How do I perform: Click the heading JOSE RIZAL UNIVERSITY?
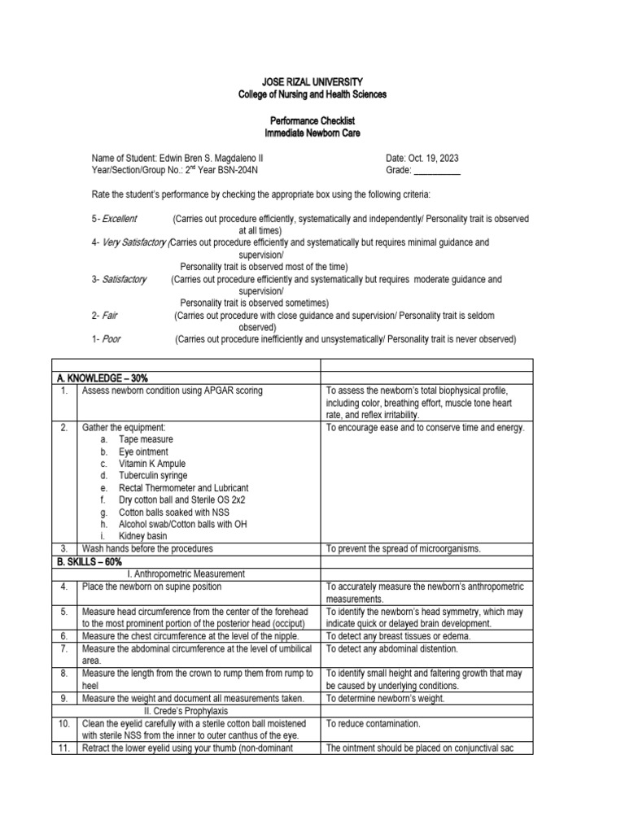[312, 82]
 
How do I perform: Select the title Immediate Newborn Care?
[312, 133]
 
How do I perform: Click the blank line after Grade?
[437, 171]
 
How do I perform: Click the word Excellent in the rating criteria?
[119, 219]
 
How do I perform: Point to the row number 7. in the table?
[63, 649]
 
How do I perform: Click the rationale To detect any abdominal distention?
[392, 649]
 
